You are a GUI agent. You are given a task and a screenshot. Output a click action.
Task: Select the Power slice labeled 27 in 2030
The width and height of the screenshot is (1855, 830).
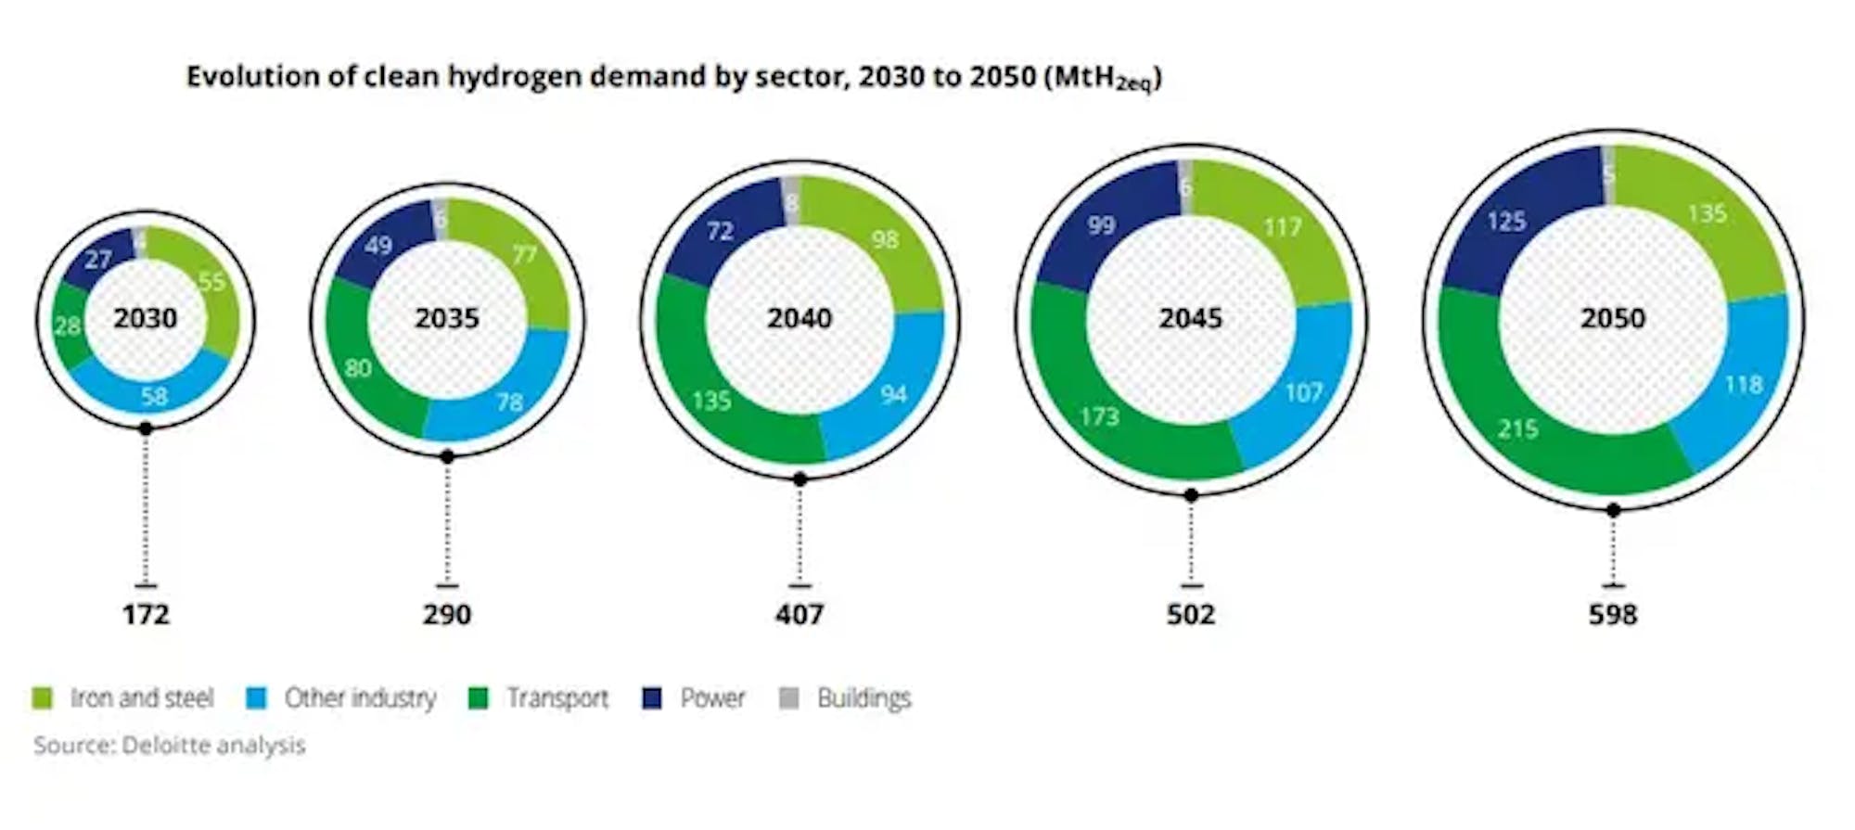click(97, 260)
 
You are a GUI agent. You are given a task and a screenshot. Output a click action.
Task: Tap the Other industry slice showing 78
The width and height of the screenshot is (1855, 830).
click(508, 401)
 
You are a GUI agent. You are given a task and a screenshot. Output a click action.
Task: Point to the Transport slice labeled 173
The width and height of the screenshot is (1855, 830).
click(1100, 415)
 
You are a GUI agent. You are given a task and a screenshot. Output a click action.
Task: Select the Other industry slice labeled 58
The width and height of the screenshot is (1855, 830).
click(154, 396)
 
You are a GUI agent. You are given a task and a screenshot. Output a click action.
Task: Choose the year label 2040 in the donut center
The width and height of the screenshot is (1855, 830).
click(800, 318)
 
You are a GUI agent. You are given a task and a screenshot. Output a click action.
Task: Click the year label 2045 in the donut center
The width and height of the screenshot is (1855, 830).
click(1191, 318)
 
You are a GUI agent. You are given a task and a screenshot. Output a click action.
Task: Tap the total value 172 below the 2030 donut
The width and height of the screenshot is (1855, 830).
click(146, 614)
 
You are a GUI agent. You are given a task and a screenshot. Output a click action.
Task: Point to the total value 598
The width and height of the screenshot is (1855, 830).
click(1613, 614)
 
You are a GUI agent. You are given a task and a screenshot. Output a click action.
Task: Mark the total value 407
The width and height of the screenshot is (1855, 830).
click(800, 614)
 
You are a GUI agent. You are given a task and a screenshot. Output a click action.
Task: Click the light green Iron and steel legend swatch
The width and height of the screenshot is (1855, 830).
click(43, 698)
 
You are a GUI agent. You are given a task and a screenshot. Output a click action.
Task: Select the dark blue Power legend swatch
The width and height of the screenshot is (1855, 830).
click(652, 698)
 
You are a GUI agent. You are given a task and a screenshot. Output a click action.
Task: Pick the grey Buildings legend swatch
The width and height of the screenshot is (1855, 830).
click(789, 698)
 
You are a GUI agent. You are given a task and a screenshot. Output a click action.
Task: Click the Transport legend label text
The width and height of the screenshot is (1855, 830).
click(556, 698)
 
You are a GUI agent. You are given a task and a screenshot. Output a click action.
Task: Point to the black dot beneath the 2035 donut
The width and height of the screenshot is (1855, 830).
click(447, 456)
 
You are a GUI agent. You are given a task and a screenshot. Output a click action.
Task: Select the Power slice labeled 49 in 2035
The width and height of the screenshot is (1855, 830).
click(378, 247)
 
